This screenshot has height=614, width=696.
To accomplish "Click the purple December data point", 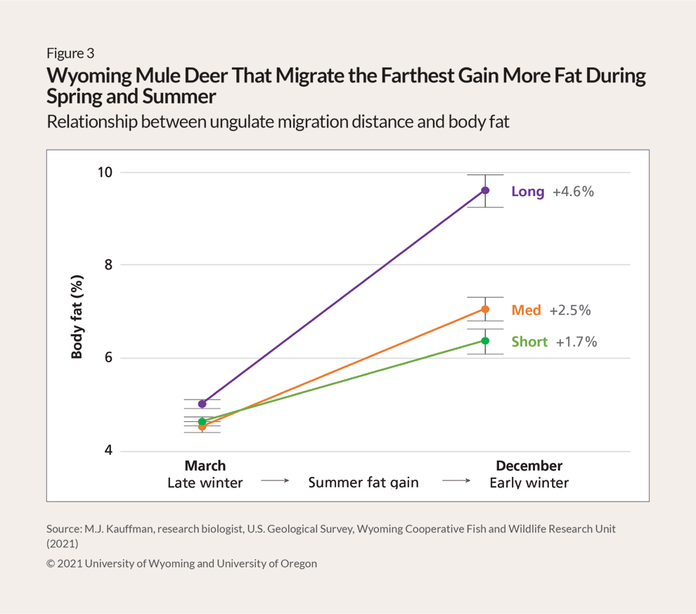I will (x=485, y=190).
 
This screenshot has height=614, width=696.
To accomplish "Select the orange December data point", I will (x=485, y=309).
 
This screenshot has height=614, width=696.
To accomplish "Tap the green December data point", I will (x=485, y=340).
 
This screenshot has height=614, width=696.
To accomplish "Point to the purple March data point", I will (x=202, y=404).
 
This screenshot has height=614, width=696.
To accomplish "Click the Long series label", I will (x=527, y=191).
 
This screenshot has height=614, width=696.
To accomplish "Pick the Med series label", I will (x=526, y=310).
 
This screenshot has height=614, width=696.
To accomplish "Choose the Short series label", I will (x=529, y=342).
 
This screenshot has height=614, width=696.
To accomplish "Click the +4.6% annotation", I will (x=573, y=191).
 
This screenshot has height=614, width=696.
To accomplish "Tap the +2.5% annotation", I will (x=569, y=310).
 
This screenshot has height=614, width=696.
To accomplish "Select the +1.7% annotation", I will (x=576, y=342).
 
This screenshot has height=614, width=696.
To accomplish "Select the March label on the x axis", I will (x=205, y=466).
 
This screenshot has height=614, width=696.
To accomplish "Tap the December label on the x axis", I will (x=529, y=466).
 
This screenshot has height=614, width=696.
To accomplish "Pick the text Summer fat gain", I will (x=363, y=482).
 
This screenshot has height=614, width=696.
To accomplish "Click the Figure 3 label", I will (x=70, y=53).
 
